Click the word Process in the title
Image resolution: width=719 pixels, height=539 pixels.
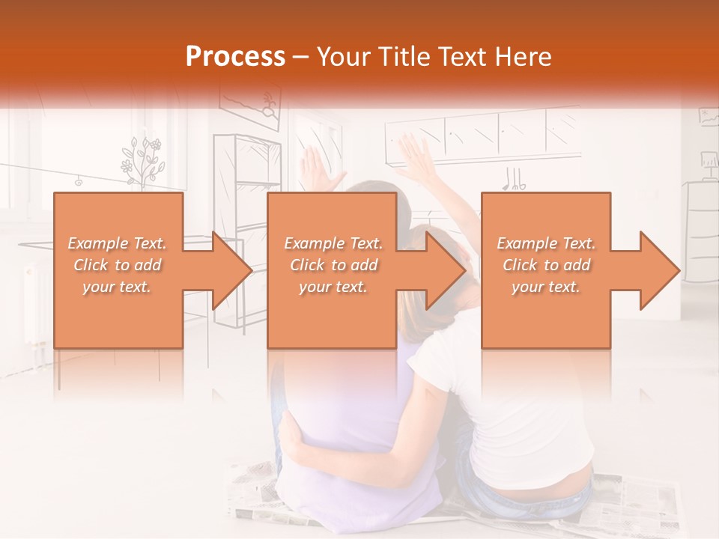pos(235,57)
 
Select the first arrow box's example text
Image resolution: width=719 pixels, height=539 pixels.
pos(117,265)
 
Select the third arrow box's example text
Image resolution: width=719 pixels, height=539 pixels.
pos(546,265)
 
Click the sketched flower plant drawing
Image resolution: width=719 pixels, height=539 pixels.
pos(142,161)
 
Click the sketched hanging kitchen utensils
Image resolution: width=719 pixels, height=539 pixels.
pos(513,178)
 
